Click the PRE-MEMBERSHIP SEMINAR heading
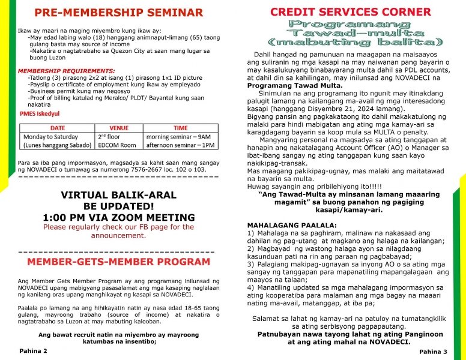click(118, 13)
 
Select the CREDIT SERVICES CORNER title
click(350, 12)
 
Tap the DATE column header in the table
click(58, 128)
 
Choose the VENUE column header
click(119, 128)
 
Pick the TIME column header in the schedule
click(180, 128)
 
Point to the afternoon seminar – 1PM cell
click(180, 145)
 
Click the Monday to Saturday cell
click(47, 137)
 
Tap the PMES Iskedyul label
click(40, 113)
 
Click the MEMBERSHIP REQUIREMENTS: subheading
click(67, 71)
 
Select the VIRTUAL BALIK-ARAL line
click(118, 195)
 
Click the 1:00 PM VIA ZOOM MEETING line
click(118, 217)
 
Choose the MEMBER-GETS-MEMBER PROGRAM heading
click(118, 262)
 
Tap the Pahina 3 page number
click(433, 351)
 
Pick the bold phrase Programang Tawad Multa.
click(294, 86)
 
